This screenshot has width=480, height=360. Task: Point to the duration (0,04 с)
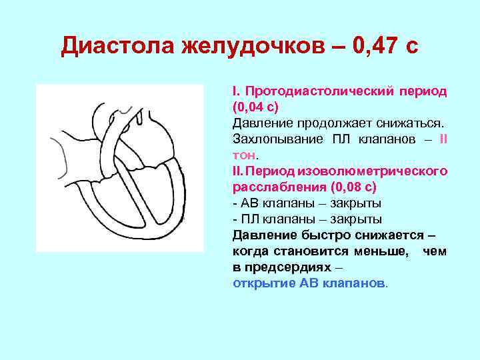pos(255,107)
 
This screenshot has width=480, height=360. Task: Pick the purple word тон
pos(244,155)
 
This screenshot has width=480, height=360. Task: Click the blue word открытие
pos(265,283)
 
